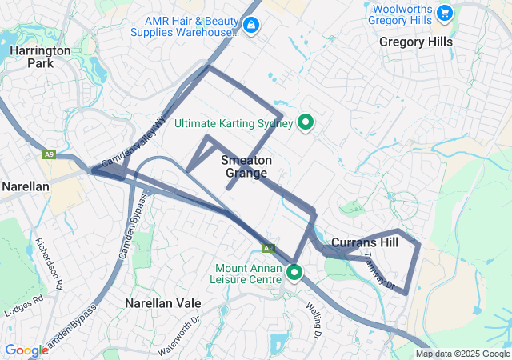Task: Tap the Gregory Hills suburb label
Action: point(416,42)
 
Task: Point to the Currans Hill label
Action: point(364,242)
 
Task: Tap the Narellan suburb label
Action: point(26,186)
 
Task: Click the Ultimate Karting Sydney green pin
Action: point(305,122)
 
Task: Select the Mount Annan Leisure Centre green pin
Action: point(294,273)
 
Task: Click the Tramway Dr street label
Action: point(380,271)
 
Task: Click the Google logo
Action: point(26,350)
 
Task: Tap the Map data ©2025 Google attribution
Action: point(462,354)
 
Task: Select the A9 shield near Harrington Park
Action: point(50,154)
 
